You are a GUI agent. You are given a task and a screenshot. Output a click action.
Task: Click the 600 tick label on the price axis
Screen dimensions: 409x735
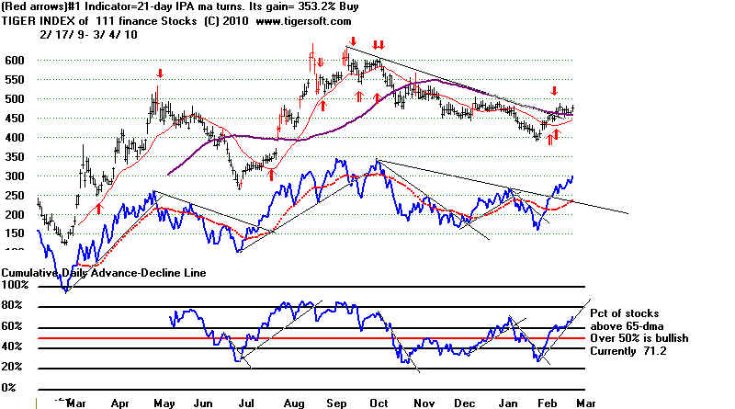(17, 60)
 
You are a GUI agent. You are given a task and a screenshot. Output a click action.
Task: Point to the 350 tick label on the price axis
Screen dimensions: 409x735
(17, 157)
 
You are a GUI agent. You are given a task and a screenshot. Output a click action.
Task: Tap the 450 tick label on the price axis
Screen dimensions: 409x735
(17, 119)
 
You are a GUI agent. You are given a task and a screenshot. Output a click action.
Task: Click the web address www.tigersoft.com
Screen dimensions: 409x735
(299, 20)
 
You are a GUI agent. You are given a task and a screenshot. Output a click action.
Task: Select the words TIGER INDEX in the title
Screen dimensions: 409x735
(40, 20)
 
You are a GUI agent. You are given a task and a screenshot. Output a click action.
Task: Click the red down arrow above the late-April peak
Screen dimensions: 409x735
(160, 74)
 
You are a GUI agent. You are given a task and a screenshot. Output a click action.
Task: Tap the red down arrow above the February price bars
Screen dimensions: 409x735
(554, 90)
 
